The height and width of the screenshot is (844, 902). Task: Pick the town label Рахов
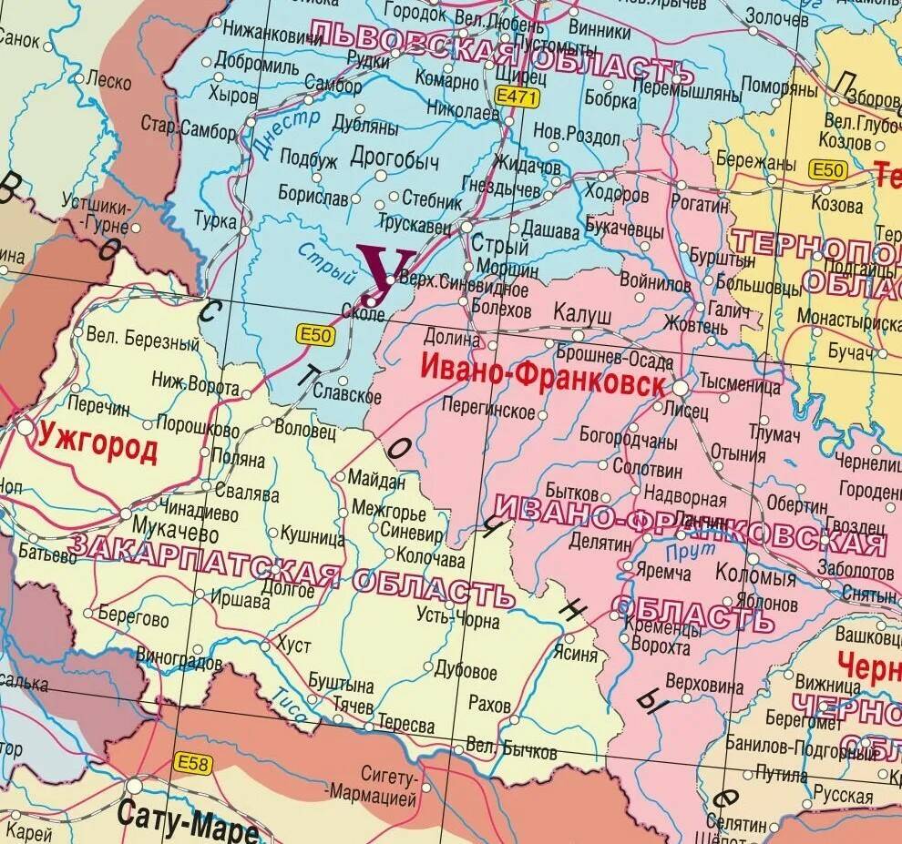(x=489, y=704)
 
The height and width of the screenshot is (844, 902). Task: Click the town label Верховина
(x=723, y=681)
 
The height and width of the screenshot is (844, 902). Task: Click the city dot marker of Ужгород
(x=25, y=426)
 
